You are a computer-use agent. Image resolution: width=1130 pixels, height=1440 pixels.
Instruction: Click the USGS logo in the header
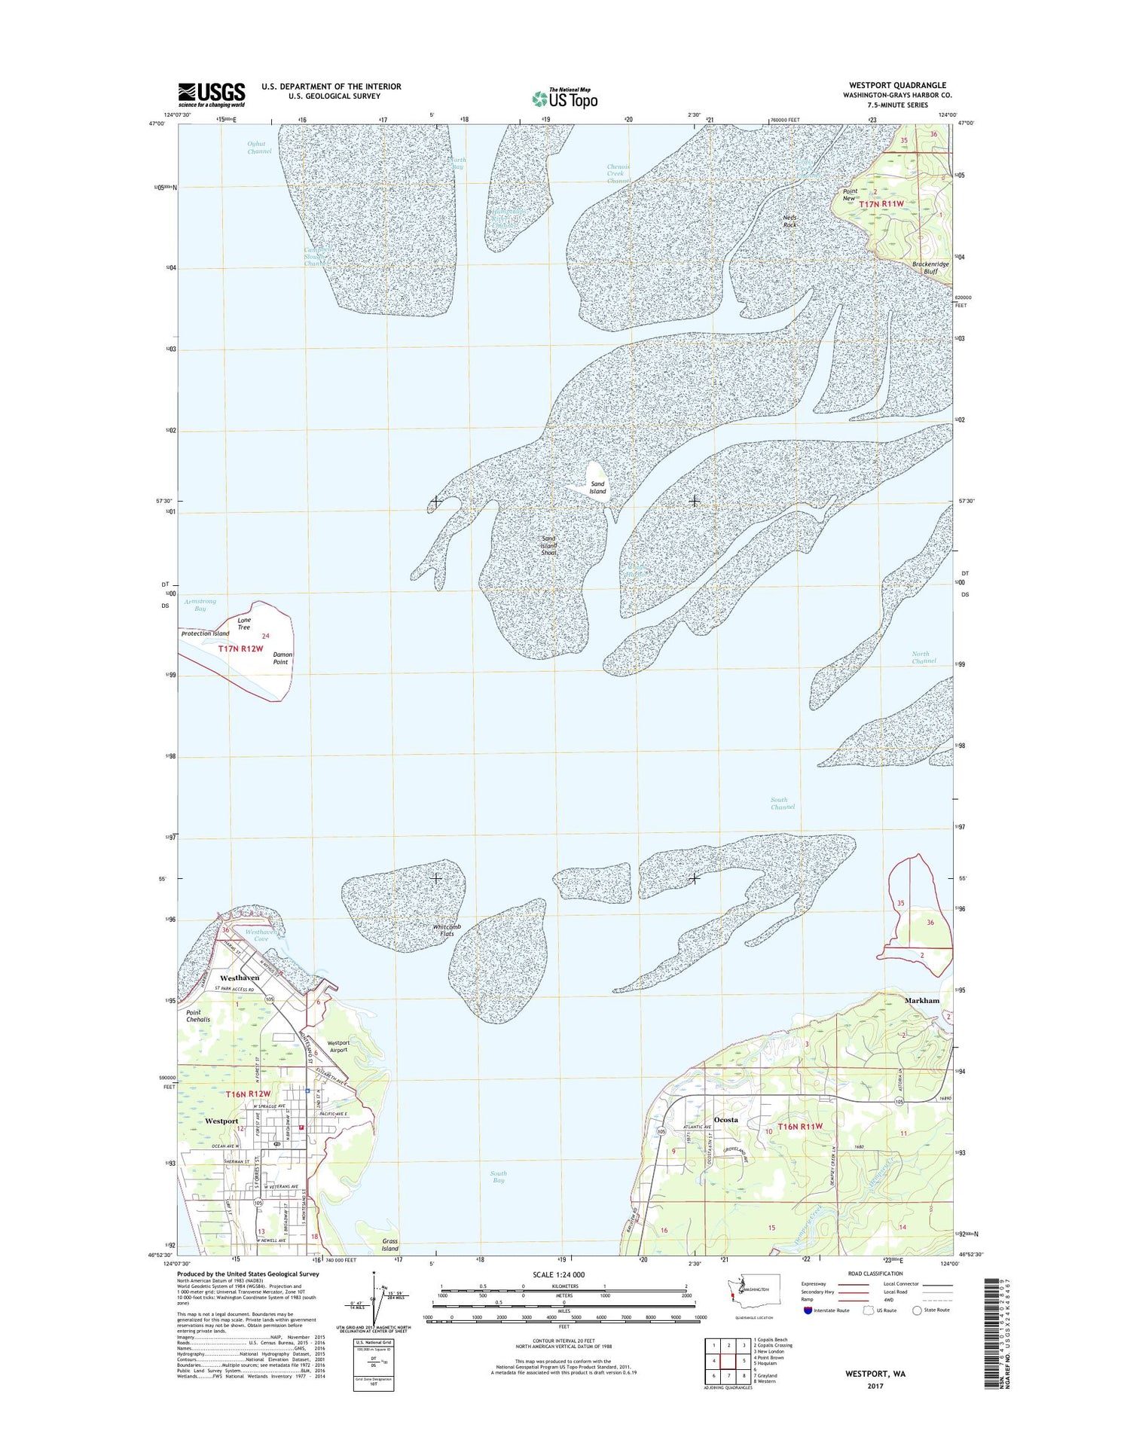point(212,92)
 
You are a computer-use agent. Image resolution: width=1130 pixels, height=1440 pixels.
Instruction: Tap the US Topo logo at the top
point(565,98)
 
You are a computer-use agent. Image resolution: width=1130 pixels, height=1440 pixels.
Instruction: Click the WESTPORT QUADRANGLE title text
point(897,85)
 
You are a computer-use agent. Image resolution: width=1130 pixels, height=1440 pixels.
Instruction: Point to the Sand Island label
point(597,488)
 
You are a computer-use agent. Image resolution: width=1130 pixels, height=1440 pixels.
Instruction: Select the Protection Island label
point(205,633)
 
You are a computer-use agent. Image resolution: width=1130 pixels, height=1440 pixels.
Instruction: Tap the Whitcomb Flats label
point(447,930)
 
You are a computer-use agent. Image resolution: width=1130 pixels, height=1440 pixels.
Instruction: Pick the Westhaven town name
point(240,978)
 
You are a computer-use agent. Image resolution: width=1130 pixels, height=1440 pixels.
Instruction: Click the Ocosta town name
point(726,1120)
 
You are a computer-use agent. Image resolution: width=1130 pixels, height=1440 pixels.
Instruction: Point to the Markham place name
point(921,1000)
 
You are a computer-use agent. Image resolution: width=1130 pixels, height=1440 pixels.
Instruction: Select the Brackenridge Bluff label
point(930,267)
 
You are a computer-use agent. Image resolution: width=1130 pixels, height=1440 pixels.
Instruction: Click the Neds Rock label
point(789,221)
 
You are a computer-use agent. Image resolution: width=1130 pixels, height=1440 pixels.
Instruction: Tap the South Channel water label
point(782,803)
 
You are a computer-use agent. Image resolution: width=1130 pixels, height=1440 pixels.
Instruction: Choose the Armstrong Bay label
point(200,605)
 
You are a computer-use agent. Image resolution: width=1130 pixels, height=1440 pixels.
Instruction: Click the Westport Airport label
point(338,1046)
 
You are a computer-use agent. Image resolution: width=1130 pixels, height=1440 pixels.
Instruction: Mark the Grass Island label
point(389,1244)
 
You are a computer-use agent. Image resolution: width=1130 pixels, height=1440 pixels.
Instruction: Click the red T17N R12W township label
point(240,648)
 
